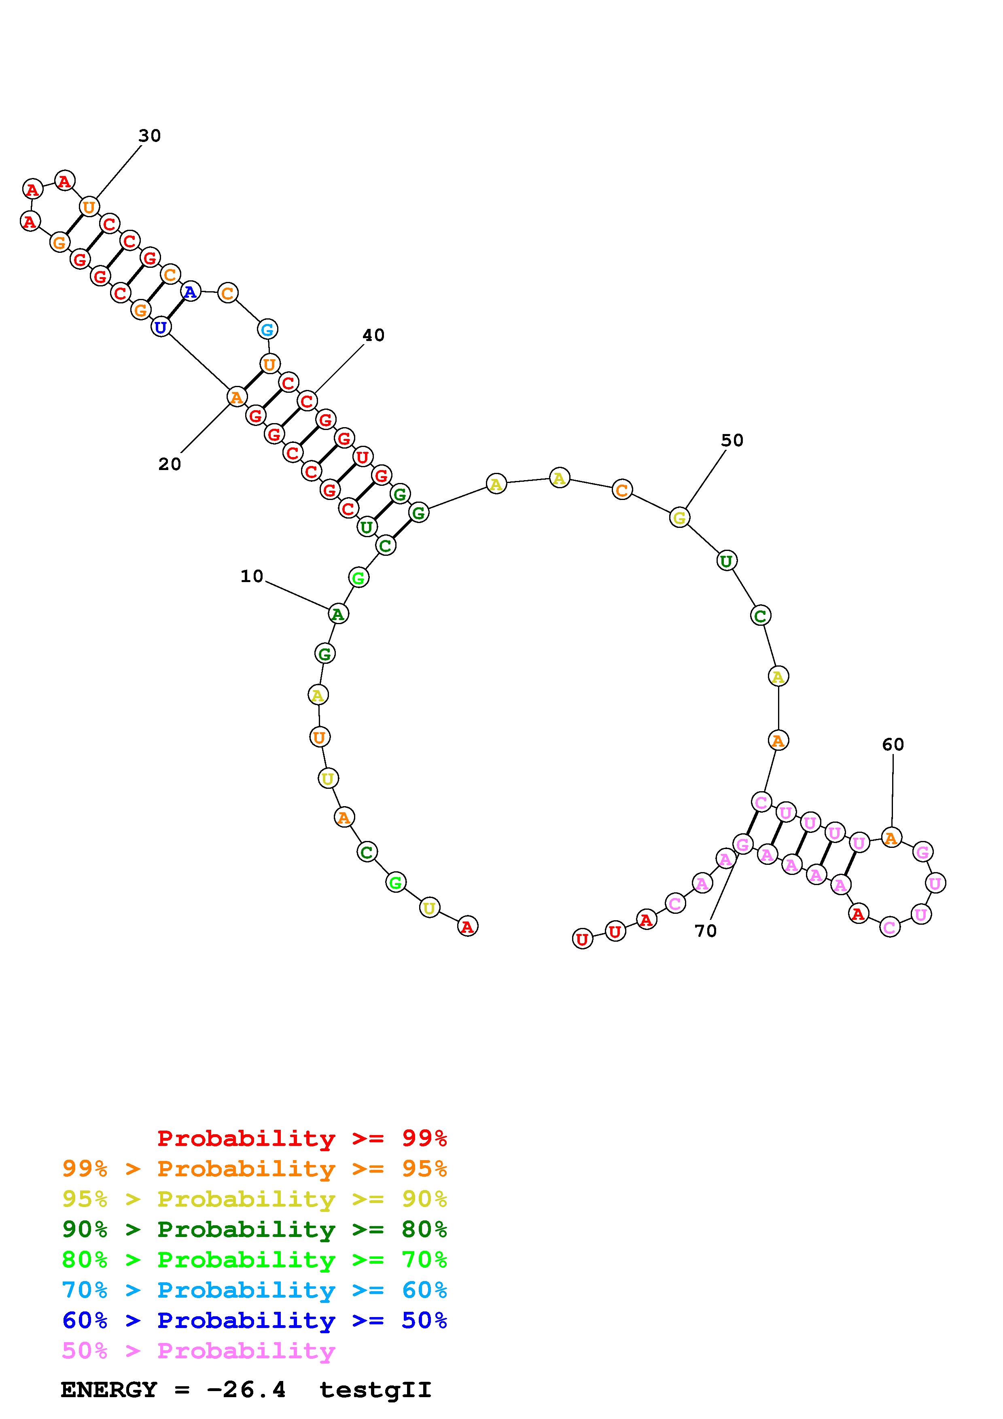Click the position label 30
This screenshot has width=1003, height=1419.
(150, 136)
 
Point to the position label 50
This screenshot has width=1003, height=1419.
(732, 440)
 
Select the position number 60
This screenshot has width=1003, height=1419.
(893, 744)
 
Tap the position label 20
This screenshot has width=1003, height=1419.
(170, 464)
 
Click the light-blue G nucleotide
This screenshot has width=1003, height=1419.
(267, 329)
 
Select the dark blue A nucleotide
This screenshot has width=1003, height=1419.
(190, 291)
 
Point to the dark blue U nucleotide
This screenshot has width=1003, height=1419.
(161, 327)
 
